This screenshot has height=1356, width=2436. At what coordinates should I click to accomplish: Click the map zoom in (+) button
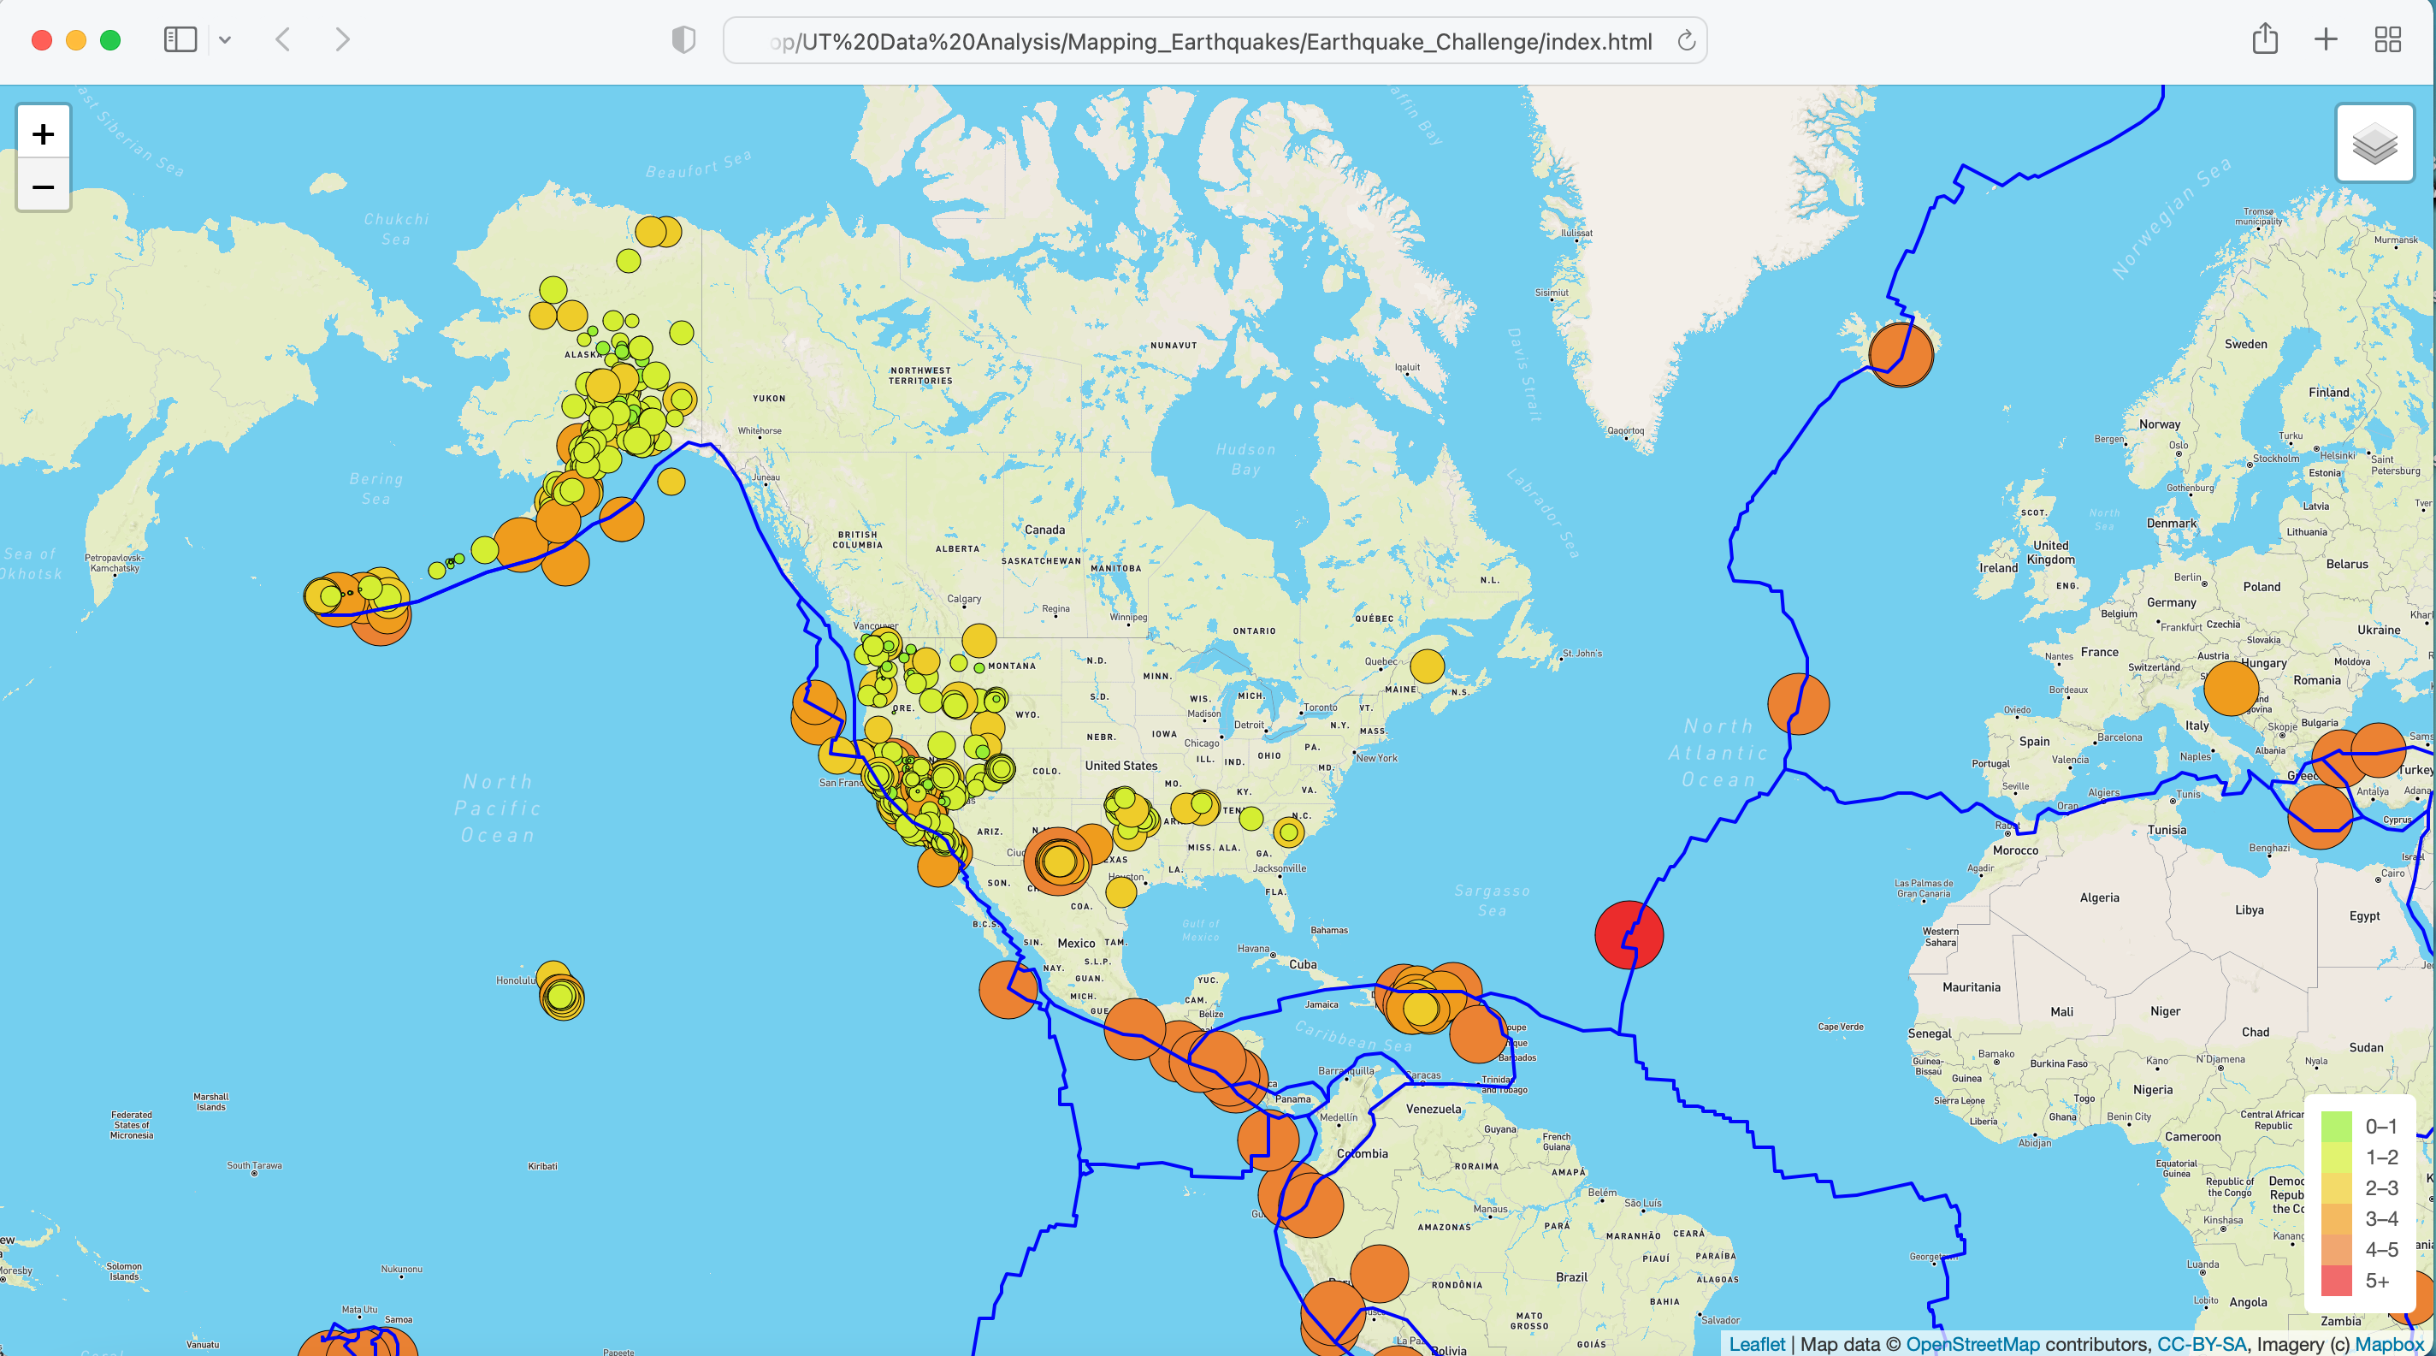(x=44, y=133)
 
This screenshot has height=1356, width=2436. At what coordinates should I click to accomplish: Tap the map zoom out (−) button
(x=44, y=187)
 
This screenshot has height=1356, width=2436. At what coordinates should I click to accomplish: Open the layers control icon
(x=2374, y=144)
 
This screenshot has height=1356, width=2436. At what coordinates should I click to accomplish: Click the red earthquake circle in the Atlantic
(x=1629, y=934)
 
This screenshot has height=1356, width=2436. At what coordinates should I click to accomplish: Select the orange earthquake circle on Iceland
(x=1901, y=353)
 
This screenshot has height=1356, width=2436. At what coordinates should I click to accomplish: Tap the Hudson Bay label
(x=1245, y=459)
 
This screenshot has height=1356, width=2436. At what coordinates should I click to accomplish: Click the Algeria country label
(x=2098, y=897)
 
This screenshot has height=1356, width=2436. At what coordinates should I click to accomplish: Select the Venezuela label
(x=1433, y=1108)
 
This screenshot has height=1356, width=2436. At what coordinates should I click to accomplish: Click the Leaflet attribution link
(x=1756, y=1344)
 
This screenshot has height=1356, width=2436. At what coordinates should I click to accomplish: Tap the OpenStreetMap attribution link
(x=1972, y=1344)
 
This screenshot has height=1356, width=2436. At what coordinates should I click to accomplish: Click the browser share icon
(x=2264, y=39)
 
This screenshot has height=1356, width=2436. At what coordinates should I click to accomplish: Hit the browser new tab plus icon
(x=2326, y=39)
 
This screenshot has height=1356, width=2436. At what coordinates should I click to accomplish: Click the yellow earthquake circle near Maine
(x=1426, y=666)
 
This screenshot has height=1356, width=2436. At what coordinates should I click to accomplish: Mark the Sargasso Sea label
(x=1492, y=900)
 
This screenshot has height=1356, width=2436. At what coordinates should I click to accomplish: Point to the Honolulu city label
(x=516, y=980)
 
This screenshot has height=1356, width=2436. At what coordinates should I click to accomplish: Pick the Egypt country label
(x=2364, y=915)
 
